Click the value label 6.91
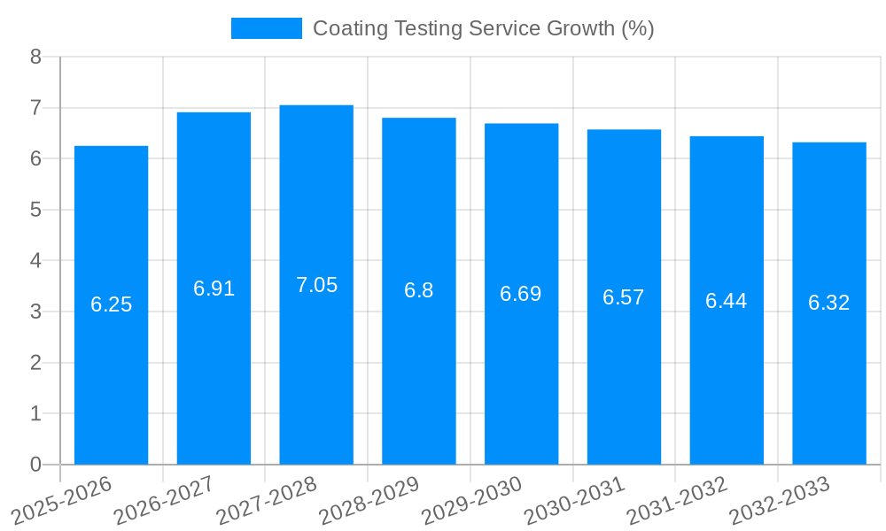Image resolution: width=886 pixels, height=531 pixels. coord(214,289)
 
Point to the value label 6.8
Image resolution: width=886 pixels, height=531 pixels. coord(418,290)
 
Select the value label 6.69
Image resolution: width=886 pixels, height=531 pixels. coord(521,294)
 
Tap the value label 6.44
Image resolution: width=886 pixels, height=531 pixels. coord(726,301)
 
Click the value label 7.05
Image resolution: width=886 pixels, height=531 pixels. coord(316,285)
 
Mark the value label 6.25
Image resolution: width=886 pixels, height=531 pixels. coord(111,304)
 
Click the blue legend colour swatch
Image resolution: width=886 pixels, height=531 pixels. coord(266,28)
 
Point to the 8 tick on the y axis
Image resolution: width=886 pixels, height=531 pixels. coord(35,57)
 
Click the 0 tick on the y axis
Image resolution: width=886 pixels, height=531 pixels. coord(35,465)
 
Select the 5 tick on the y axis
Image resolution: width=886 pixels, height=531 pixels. coord(35,210)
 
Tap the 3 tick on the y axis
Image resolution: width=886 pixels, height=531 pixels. coord(35,312)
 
